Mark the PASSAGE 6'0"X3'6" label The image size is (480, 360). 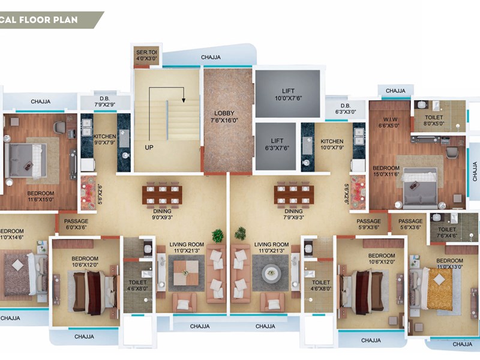[76, 224]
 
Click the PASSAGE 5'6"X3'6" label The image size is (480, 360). [410, 224]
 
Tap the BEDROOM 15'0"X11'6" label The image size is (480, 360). [386, 172]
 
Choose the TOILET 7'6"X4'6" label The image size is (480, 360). [447, 232]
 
